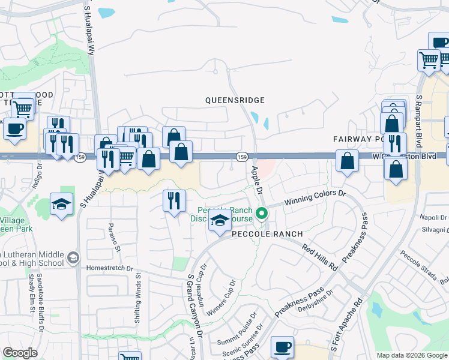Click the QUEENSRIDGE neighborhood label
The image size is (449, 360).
pos(235,100)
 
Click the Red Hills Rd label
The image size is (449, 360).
pos(320,256)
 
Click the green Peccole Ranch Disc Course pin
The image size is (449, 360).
pos(261,212)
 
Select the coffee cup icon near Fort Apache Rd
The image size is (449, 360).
pos(282,347)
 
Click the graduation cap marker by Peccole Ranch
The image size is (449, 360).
pos(220,221)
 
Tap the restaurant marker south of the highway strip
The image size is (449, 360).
pos(174,200)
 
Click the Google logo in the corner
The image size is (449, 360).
pos(20,353)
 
